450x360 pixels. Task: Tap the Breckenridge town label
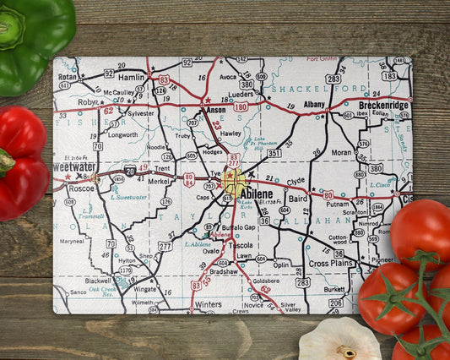pyautogui.click(x=384, y=105)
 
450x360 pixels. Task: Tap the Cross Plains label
pyautogui.click(x=329, y=264)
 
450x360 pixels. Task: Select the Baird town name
pyautogui.click(x=297, y=199)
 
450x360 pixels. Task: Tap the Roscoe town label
pyautogui.click(x=81, y=188)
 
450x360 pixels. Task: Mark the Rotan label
pyautogui.click(x=68, y=75)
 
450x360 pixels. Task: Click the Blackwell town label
pyautogui.click(x=98, y=280)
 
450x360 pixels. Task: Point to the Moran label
pyautogui.click(x=342, y=153)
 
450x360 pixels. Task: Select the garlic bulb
pyautogui.click(x=339, y=341)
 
